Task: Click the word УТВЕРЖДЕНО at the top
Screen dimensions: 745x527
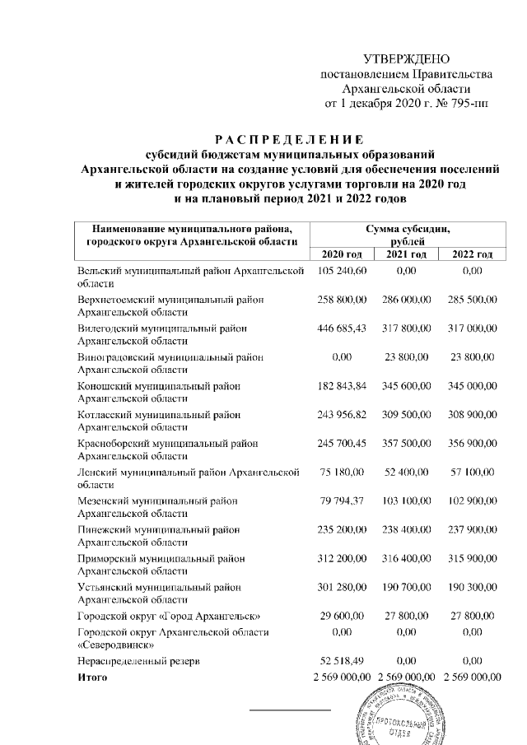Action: tap(407, 60)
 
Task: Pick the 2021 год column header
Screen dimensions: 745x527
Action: tap(408, 254)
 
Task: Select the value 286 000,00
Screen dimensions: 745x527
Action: tap(408, 300)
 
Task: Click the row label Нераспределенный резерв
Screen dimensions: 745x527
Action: tap(136, 661)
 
